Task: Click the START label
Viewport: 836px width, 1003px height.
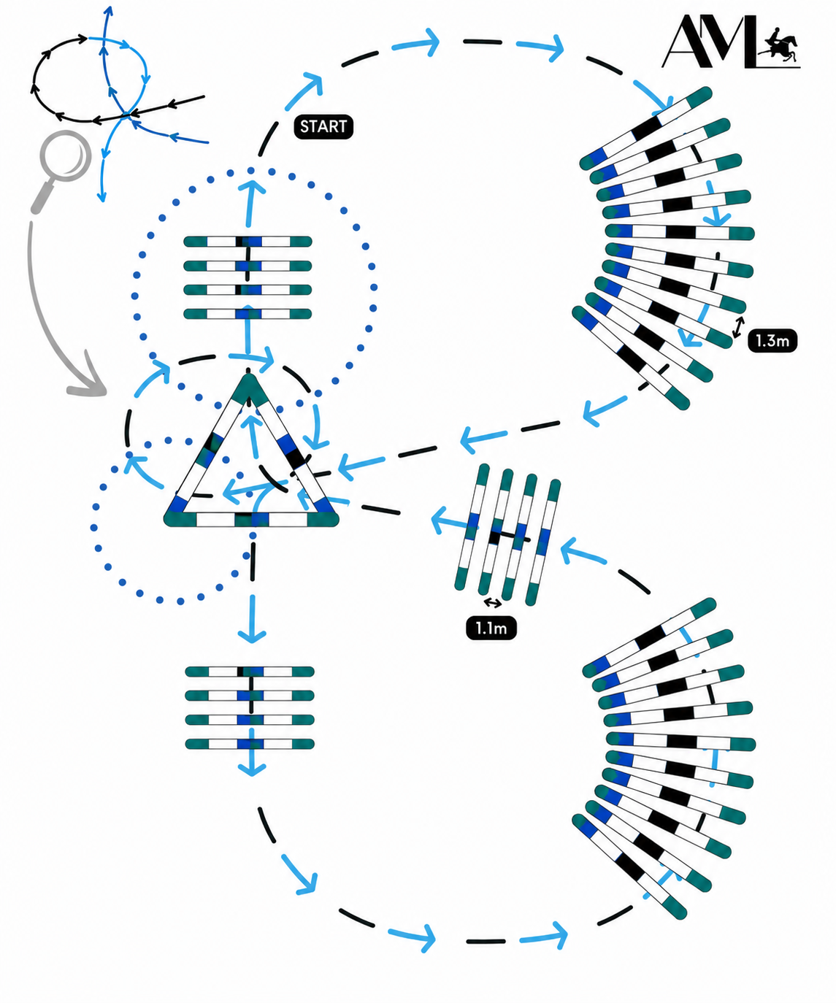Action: [x=323, y=127]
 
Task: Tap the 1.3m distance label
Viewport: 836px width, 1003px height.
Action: [x=772, y=341]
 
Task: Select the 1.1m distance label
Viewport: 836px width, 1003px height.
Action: [x=491, y=629]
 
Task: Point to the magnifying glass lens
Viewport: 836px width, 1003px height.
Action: [x=66, y=155]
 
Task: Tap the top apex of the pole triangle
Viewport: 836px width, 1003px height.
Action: [x=248, y=375]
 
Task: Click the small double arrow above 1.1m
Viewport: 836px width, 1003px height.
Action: [x=492, y=602]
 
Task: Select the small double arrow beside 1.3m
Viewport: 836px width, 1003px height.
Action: [x=738, y=327]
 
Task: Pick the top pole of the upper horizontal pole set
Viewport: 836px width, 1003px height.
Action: [x=248, y=241]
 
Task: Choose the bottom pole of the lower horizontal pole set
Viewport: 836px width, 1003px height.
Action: [x=250, y=744]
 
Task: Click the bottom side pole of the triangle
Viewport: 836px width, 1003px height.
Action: [x=251, y=519]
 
